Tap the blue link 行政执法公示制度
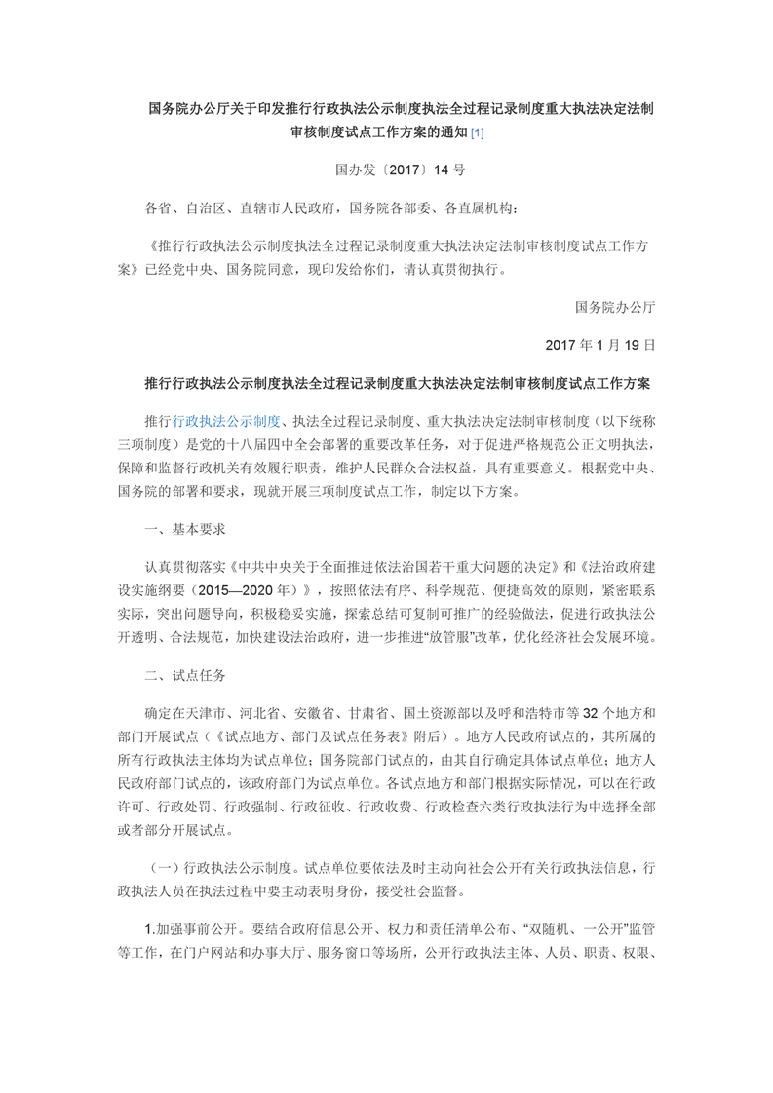pos(226,420)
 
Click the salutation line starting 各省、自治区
pos(331,207)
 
